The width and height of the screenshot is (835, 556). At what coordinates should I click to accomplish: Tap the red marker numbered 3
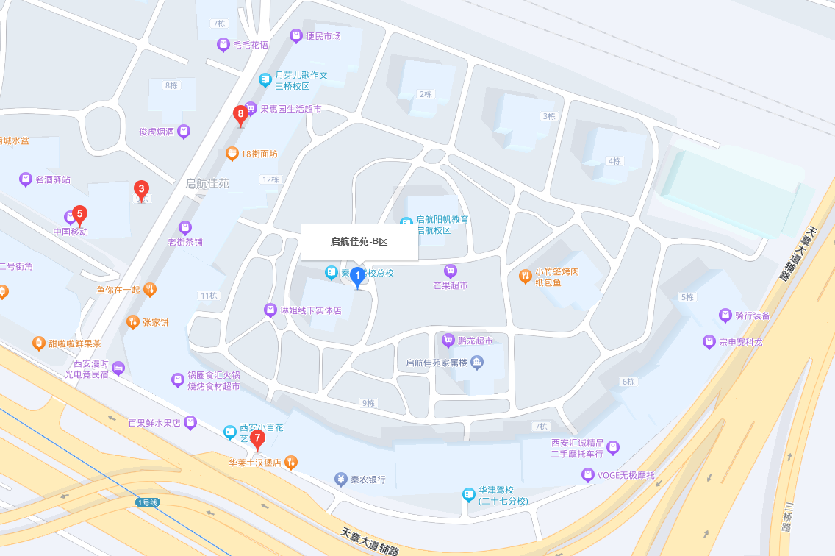(x=141, y=189)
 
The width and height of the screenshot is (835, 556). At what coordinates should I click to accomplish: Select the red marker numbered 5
(x=80, y=214)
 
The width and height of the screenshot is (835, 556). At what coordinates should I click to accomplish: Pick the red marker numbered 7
(x=257, y=439)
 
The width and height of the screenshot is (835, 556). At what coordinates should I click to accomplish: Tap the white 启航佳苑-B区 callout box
(x=359, y=241)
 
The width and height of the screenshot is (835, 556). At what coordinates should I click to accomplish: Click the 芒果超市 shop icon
(x=451, y=271)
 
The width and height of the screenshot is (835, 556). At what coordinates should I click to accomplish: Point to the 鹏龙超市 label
(x=475, y=340)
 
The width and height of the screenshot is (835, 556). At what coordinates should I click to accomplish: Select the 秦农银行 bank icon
(x=341, y=480)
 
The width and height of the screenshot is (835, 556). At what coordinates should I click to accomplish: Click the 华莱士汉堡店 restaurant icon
(x=291, y=463)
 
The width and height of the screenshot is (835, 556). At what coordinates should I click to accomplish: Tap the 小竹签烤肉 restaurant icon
(x=526, y=277)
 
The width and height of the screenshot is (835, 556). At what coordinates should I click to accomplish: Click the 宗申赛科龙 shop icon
(x=709, y=342)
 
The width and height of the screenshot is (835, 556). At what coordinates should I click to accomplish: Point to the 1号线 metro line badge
(x=148, y=502)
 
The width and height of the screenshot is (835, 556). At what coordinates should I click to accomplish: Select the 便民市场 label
(x=323, y=36)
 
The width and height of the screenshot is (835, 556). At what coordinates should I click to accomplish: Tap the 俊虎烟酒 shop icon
(x=184, y=132)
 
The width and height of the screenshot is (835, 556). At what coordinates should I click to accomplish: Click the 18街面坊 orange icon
(x=232, y=154)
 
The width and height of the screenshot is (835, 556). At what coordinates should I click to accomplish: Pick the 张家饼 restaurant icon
(x=133, y=321)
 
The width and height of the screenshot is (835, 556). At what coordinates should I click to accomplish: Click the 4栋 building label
(x=614, y=161)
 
